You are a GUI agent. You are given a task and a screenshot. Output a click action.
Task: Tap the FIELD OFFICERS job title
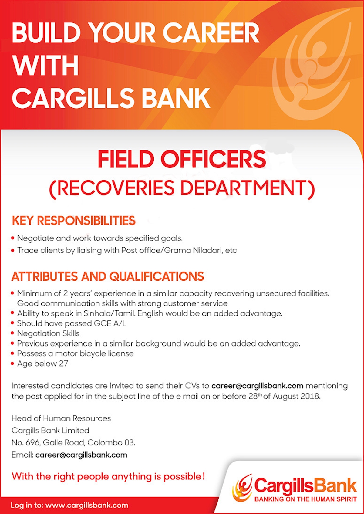pos(182,159)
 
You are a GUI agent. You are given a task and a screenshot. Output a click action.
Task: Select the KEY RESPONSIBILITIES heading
pos(73,221)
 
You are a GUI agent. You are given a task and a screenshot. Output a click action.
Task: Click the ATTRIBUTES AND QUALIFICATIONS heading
pos(108,276)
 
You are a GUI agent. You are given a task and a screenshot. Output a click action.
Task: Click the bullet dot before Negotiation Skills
pos(12,333)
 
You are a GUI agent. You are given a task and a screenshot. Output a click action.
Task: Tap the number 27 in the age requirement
pos(63,364)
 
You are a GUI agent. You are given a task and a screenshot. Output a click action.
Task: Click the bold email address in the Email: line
pos(81,455)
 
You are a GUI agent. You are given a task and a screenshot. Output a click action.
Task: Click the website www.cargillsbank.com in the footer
pos(86,505)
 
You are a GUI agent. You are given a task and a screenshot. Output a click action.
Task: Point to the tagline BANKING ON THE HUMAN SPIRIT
pos(305,499)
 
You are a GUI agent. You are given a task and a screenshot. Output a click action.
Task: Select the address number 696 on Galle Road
pos(32,443)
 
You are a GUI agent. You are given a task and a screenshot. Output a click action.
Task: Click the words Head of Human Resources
pos(61,418)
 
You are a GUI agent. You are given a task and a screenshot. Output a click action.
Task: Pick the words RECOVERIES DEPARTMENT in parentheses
pos(182,188)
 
